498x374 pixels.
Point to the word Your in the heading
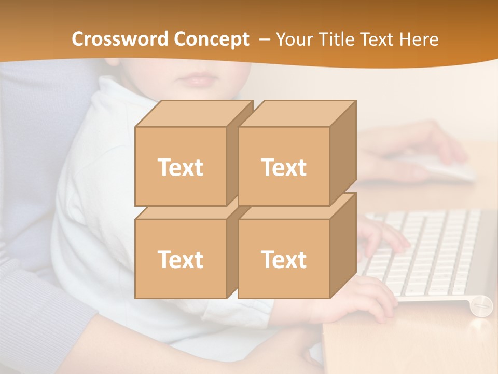tap(294, 39)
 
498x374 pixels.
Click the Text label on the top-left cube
tap(180, 167)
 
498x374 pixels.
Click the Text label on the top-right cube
tap(284, 167)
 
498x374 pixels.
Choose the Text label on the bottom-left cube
tap(180, 259)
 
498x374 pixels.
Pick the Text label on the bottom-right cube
tap(284, 259)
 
